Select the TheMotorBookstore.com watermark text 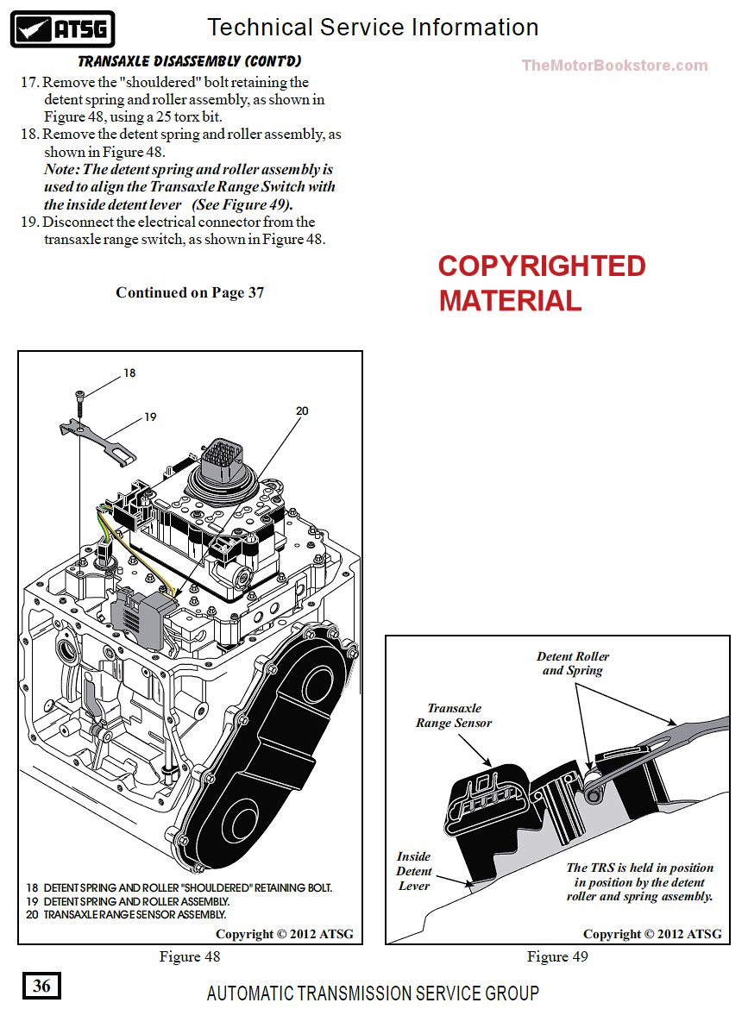coord(614,66)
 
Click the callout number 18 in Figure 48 coord(129,373)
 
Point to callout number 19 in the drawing coord(150,417)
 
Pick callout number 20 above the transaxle coord(302,410)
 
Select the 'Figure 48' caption coord(190,956)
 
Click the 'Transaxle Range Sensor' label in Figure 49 coord(454,715)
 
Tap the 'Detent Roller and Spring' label coord(573,663)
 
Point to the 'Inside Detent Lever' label coord(414,871)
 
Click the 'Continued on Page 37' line coord(190,292)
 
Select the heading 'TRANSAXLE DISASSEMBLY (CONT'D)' coord(190,62)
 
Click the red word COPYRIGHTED coord(542,266)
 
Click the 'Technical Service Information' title coord(373,28)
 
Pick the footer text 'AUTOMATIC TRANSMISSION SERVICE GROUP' coord(373,993)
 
